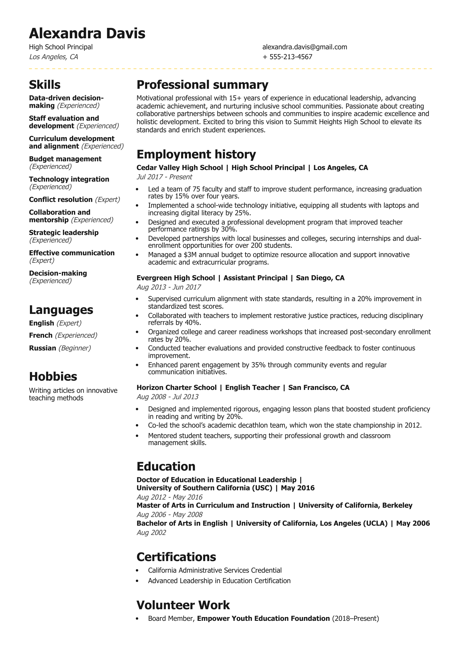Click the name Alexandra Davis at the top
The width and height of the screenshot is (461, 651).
click(x=87, y=33)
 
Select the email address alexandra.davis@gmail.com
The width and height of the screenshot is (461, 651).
click(x=305, y=47)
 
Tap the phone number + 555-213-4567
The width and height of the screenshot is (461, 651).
click(x=287, y=57)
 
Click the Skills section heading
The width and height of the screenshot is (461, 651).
click(x=45, y=85)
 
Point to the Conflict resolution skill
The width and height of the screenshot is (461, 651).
click(x=61, y=200)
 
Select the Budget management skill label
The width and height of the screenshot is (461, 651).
click(x=65, y=159)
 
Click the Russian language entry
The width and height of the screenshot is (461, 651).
click(x=42, y=348)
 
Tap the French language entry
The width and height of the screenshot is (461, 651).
click(x=41, y=335)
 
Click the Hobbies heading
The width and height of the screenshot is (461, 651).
click(x=53, y=377)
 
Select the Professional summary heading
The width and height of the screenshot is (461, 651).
click(x=202, y=85)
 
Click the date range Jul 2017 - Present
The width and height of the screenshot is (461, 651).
click(x=164, y=177)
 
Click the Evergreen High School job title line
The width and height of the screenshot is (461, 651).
click(x=240, y=278)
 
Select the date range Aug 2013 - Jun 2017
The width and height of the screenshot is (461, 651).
click(x=169, y=287)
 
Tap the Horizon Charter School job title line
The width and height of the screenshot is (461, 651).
click(x=243, y=388)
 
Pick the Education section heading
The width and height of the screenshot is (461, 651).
click(x=166, y=466)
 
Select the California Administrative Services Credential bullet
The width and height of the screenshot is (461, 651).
click(x=215, y=570)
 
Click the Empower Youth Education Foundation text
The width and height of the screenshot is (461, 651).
click(x=263, y=619)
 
